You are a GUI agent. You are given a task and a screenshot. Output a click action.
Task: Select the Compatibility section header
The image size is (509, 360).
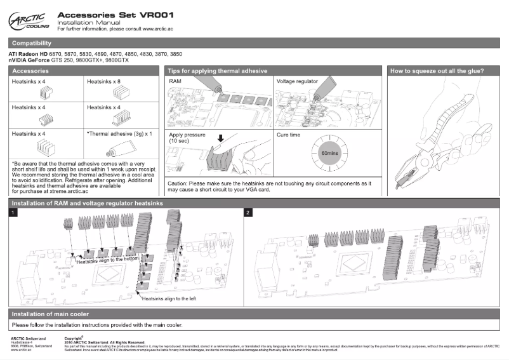click(32, 43)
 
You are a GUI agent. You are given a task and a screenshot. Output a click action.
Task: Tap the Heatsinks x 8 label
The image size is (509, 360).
click(103, 82)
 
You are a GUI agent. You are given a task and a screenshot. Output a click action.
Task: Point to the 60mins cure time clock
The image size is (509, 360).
click(329, 154)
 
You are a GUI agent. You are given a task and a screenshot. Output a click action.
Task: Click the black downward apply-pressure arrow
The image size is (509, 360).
click(220, 138)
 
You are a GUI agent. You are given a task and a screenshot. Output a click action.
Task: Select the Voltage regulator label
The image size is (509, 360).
click(298, 82)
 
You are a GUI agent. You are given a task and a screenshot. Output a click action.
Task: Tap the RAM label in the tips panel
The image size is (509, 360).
click(176, 82)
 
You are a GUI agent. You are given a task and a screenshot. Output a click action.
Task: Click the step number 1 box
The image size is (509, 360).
click(13, 212)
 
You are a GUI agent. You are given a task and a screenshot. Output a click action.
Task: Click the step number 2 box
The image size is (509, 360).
click(248, 212)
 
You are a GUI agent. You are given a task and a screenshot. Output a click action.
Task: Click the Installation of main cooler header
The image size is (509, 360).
click(51, 314)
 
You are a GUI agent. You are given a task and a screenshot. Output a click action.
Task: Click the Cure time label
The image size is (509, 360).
click(290, 135)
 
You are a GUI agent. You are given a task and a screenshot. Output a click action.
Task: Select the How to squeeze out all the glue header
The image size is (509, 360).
click(437, 70)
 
